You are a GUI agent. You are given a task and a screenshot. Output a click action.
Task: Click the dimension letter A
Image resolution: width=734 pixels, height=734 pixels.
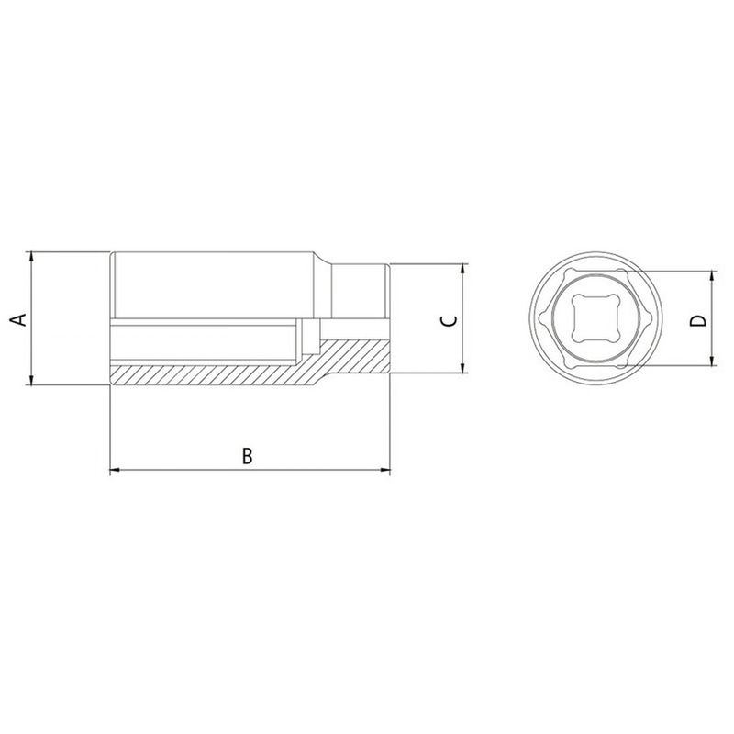17,318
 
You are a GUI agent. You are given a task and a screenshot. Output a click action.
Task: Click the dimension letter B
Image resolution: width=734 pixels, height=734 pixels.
247,455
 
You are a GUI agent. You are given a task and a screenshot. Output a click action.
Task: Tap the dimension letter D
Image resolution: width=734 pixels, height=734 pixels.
698,320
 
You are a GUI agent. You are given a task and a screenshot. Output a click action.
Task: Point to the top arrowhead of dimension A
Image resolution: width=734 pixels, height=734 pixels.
31,256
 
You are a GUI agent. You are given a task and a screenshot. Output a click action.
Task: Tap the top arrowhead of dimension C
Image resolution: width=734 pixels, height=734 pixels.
462,269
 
